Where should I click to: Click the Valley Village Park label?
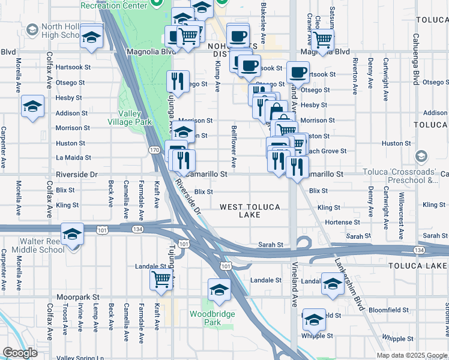point(134,117)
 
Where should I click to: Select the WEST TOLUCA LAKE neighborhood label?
point(250,211)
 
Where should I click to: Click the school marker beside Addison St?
point(32,107)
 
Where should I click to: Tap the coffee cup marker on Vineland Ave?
point(298,73)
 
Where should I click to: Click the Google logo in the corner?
point(20,353)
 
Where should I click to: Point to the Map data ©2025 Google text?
point(411,355)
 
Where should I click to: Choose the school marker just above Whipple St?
point(314,319)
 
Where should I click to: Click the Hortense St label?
point(342,222)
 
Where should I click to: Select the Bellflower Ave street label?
point(234,147)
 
